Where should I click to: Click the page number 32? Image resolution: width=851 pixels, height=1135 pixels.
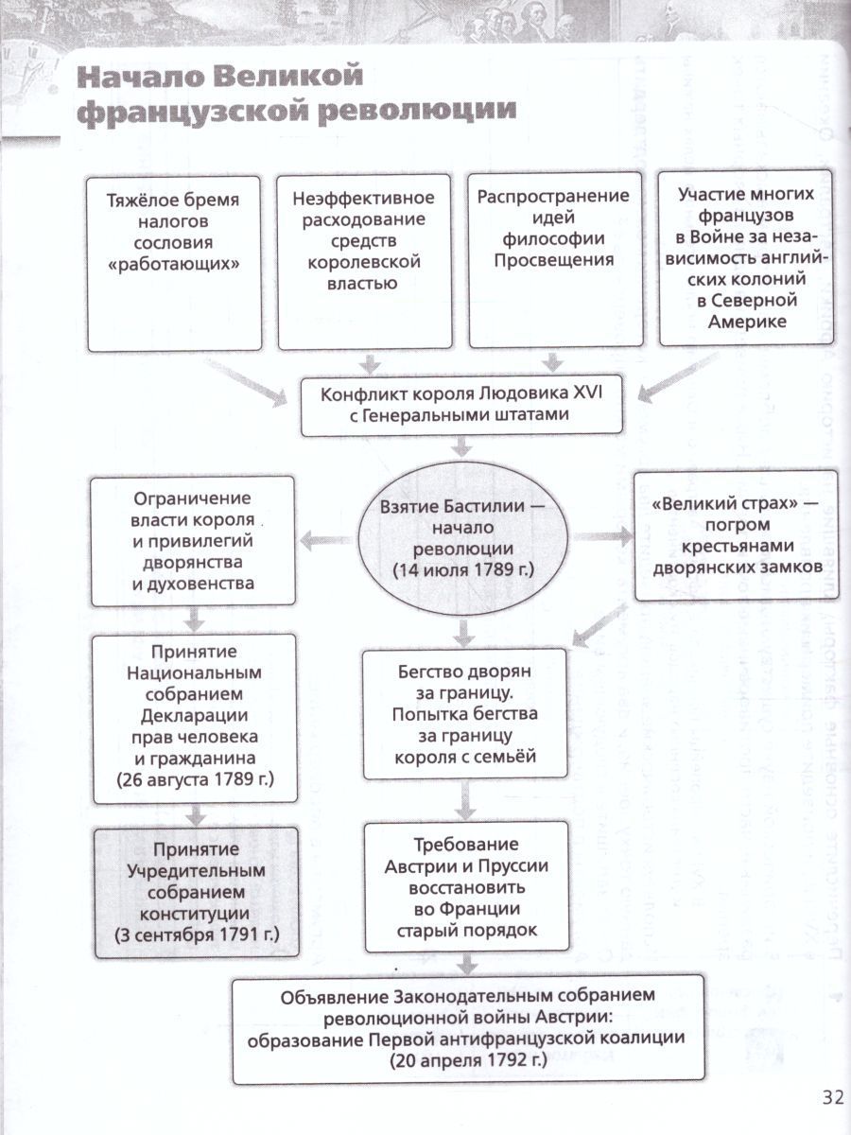click(831, 1097)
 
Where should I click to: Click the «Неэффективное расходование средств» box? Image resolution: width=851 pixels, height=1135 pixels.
click(364, 264)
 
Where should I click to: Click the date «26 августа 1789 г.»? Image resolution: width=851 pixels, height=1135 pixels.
click(193, 781)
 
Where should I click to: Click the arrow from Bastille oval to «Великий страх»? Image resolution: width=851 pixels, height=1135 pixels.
click(604, 536)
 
